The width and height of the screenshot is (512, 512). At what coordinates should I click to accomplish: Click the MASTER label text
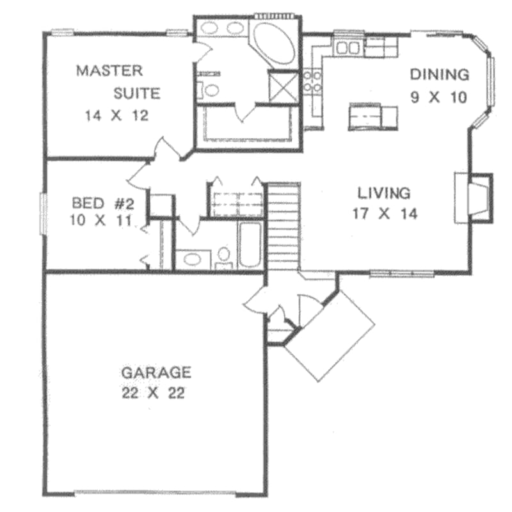tap(109, 70)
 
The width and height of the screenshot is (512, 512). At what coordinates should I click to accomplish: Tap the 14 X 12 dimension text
tap(116, 116)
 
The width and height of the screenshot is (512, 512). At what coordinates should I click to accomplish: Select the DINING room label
tap(439, 75)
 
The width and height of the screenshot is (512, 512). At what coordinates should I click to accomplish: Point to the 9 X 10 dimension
tap(438, 97)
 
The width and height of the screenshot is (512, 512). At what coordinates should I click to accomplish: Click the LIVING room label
tap(383, 192)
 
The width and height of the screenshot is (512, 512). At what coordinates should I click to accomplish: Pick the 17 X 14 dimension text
tap(384, 214)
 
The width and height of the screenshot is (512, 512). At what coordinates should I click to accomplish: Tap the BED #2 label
tap(102, 204)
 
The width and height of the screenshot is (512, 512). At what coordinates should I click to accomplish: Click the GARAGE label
tap(156, 372)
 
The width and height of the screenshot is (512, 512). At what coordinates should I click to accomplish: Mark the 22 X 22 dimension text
tap(154, 393)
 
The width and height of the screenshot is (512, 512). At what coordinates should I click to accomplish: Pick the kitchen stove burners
tap(312, 82)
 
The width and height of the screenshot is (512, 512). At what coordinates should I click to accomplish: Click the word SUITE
tap(137, 93)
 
